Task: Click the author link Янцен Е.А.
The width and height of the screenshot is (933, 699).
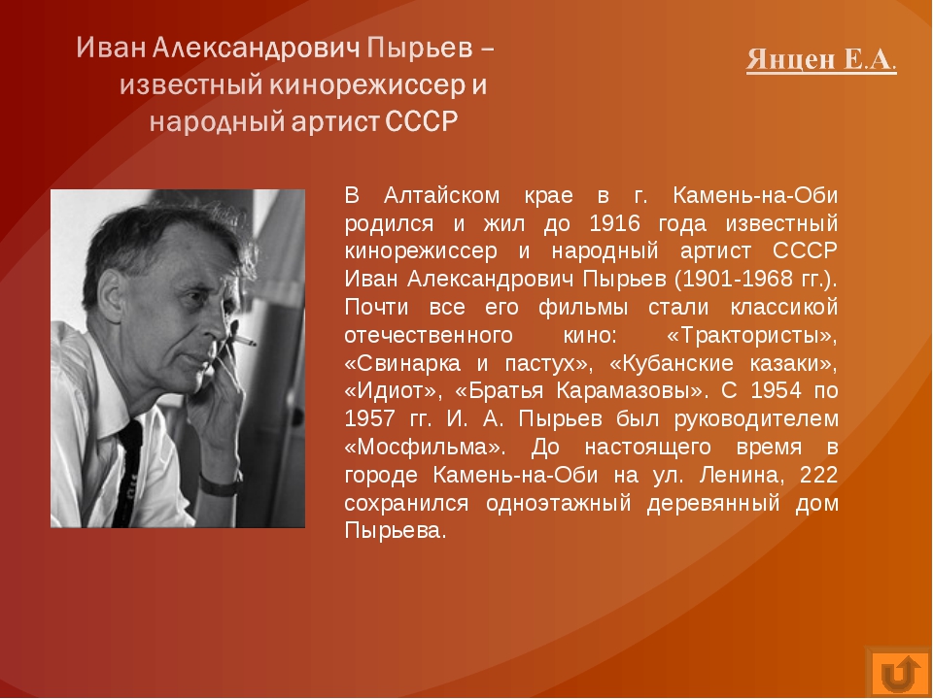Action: click(821, 59)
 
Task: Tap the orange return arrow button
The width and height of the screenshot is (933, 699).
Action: click(898, 674)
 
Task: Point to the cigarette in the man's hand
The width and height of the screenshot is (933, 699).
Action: click(244, 340)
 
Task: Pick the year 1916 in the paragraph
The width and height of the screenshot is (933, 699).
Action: click(614, 223)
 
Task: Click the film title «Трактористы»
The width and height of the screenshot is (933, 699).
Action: click(752, 336)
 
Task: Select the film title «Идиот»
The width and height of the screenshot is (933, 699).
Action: click(392, 391)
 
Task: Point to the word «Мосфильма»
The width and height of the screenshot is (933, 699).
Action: click(425, 447)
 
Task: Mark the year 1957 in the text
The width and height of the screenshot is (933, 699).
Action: click(370, 419)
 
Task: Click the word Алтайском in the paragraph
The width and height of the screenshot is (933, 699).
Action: click(441, 195)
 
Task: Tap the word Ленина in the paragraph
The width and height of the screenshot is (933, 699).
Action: click(743, 476)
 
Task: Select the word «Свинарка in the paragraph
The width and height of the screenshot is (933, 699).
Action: click(402, 363)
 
